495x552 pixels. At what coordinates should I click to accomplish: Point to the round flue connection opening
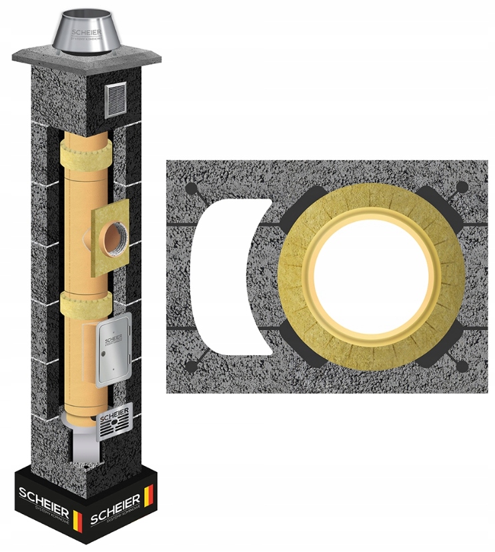pos(110,237)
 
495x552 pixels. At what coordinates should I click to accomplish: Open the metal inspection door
pos(111,353)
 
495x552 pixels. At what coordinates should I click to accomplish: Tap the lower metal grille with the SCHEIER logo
pos(114,421)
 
